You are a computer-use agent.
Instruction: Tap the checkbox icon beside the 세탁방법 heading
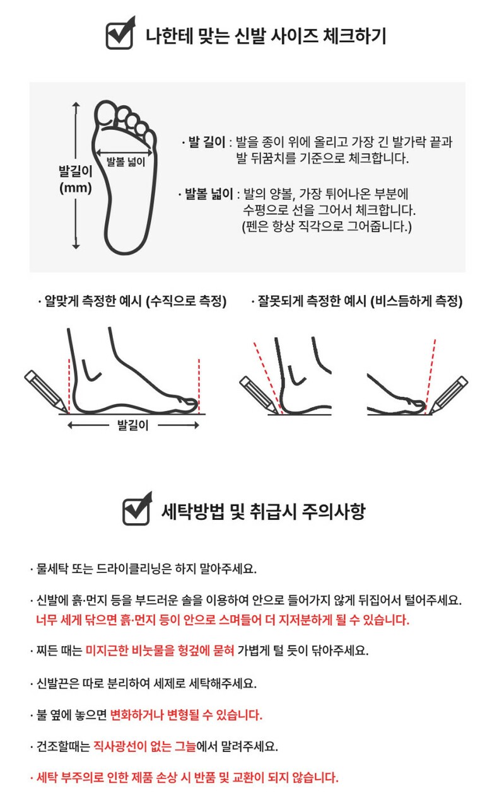pos(137,509)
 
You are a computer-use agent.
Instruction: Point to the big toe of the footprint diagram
pos(105,113)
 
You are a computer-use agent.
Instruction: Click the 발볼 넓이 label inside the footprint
pos(126,161)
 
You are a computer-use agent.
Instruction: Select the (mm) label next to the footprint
pos(76,188)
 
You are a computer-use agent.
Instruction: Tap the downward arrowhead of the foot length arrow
pos(76,246)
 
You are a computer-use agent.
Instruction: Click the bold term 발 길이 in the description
pos(207,142)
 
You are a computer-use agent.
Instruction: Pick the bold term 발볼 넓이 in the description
pos(209,193)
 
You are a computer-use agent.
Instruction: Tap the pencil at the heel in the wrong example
pos(259,395)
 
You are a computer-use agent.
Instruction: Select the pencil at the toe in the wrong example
pos(448,395)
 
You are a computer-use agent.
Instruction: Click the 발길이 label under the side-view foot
pos(133,425)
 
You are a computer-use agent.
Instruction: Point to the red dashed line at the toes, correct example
pos(199,386)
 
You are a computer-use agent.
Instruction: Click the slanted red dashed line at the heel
pos(268,378)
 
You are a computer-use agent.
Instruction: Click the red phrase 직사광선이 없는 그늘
pos(144,746)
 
